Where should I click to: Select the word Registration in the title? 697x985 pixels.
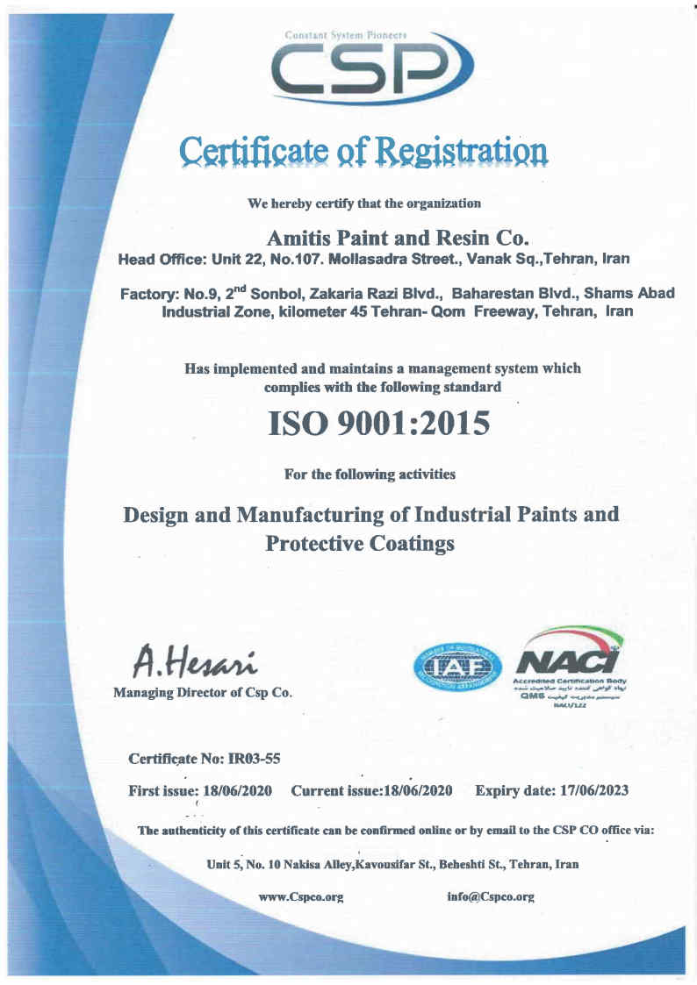point(463,151)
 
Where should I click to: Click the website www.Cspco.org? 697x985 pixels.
point(300,897)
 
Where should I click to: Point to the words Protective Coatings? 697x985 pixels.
point(360,544)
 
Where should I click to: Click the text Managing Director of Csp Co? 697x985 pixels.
point(204,693)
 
